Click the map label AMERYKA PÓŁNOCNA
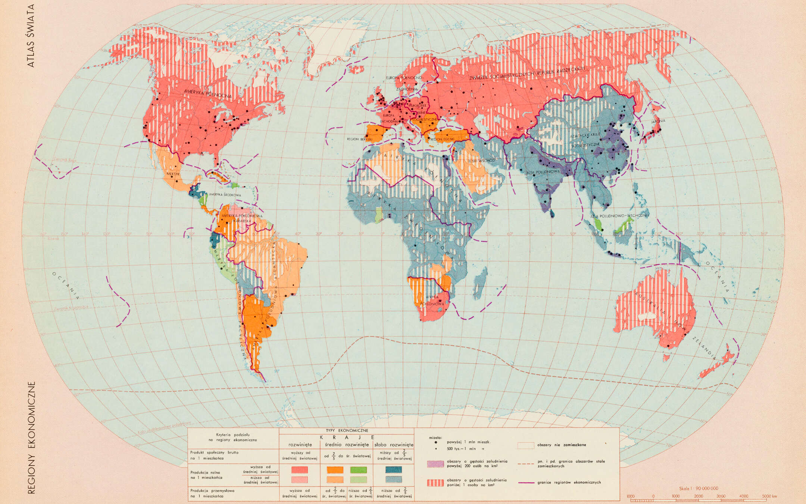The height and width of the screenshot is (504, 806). (x=207, y=93)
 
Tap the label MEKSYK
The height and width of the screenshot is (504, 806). (x=173, y=174)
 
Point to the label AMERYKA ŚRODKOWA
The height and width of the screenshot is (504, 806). (x=225, y=195)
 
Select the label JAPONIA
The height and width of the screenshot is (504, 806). (x=658, y=121)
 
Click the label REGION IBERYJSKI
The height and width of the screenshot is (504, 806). (x=360, y=139)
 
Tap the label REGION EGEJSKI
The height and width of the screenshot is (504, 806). (x=443, y=139)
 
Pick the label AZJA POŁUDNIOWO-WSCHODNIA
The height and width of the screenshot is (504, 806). (x=619, y=215)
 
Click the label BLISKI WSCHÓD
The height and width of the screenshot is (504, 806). (x=481, y=161)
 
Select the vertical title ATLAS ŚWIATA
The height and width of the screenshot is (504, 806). (x=31, y=36)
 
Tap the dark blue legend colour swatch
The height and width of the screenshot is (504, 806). (x=393, y=470)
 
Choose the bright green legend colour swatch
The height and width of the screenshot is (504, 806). (x=358, y=470)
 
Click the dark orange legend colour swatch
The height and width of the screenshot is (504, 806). (x=335, y=470)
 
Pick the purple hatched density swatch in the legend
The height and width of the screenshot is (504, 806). (x=435, y=464)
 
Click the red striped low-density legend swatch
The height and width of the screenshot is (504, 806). (x=435, y=483)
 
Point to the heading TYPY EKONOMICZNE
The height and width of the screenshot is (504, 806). (x=347, y=430)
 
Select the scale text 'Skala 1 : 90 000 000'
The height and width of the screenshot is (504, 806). (x=699, y=488)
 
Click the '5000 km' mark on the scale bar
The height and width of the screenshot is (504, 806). (x=769, y=496)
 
